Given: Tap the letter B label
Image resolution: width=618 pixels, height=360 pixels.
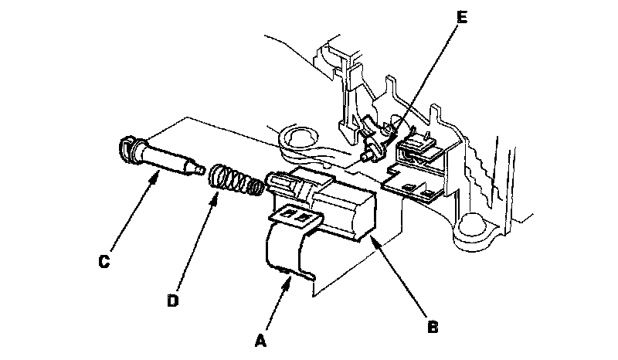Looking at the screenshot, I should click(433, 328).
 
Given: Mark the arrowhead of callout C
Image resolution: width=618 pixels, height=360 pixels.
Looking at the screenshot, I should click(159, 172).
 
